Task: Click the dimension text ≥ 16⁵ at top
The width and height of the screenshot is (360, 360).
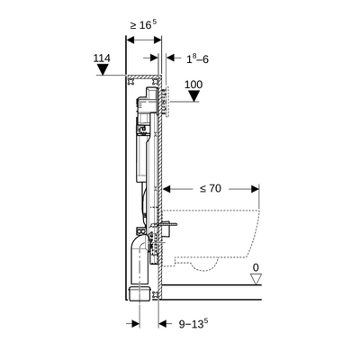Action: pos(140,25)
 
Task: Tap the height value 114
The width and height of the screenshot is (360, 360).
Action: pos(103,58)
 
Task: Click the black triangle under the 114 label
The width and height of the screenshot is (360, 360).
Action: pos(103,72)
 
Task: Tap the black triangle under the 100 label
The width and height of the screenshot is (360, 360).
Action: pos(191,100)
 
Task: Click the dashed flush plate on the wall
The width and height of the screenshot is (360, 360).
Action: pos(169,98)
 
